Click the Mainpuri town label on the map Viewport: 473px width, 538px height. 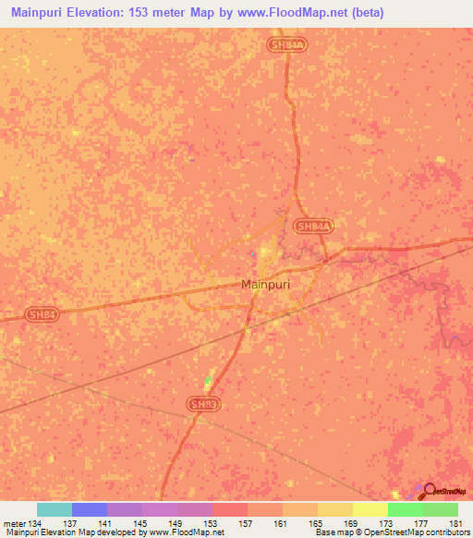click(x=265, y=285)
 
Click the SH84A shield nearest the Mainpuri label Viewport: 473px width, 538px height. click(x=313, y=226)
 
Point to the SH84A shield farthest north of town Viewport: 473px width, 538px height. click(x=286, y=43)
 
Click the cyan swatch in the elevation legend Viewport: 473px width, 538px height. click(x=55, y=509)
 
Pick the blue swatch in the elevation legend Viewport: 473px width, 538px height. click(x=90, y=509)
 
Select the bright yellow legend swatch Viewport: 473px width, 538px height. click(x=370, y=509)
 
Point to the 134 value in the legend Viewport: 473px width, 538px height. click(x=33, y=522)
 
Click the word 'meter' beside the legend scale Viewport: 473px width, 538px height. click(x=12, y=522)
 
